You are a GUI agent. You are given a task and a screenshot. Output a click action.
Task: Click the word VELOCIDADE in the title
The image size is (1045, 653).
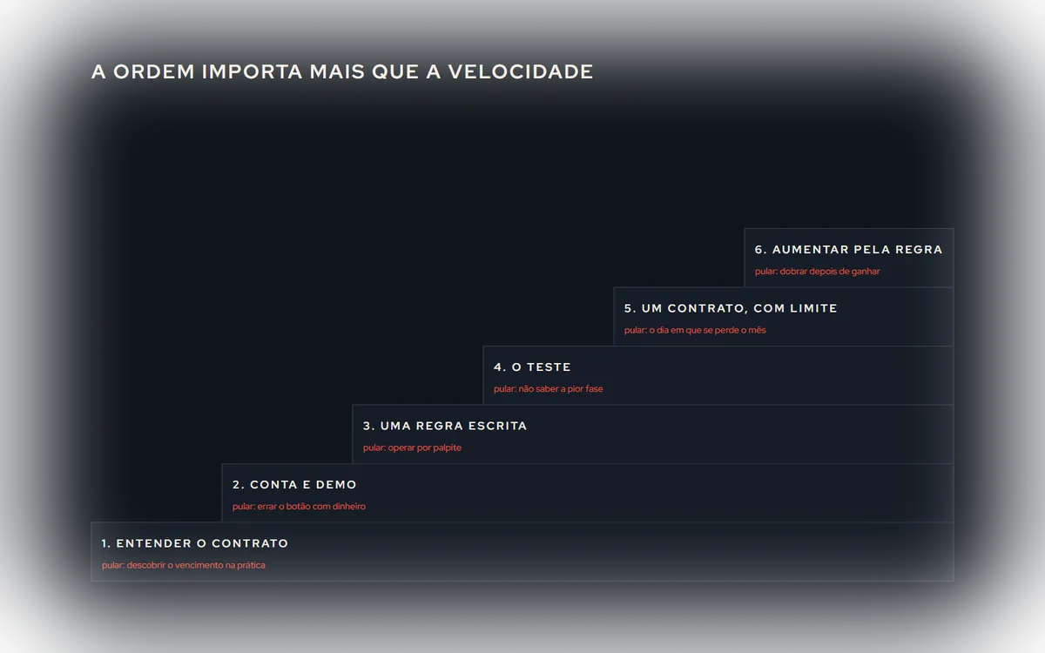point(521,71)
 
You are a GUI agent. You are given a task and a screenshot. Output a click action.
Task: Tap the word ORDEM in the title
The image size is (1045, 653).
point(154,71)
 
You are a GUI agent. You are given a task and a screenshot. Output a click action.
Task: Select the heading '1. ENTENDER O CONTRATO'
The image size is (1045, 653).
point(195,543)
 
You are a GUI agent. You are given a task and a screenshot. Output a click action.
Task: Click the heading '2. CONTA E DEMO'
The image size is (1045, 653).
point(294,485)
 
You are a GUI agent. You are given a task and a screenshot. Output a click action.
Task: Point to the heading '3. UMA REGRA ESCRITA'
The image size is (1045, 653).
point(445,426)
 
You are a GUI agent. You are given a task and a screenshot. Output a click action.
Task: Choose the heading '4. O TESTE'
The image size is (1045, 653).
point(532,367)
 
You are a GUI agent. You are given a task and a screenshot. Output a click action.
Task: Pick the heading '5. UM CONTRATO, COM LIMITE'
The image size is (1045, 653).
point(731,309)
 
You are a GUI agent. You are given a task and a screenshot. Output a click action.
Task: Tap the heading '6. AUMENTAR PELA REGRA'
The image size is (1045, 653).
point(848,250)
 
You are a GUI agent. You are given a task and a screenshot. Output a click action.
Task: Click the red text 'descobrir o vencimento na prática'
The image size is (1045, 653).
point(196,565)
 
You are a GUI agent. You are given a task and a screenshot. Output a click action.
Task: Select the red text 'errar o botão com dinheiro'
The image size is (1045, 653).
point(312,507)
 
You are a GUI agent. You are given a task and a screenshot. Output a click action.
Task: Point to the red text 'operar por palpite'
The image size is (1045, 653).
point(425,448)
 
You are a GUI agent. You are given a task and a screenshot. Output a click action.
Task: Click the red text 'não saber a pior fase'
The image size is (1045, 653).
point(561,389)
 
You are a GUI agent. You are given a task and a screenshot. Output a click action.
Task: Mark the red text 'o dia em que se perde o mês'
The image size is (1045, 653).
point(708,330)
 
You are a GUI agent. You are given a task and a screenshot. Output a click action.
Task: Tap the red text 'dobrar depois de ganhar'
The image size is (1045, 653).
point(830,272)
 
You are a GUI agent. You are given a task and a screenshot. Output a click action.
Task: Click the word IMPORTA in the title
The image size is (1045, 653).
point(252,71)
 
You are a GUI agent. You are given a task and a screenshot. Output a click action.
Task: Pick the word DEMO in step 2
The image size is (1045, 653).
point(336,485)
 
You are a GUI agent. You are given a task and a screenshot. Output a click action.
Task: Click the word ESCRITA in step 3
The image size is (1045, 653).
point(498,426)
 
